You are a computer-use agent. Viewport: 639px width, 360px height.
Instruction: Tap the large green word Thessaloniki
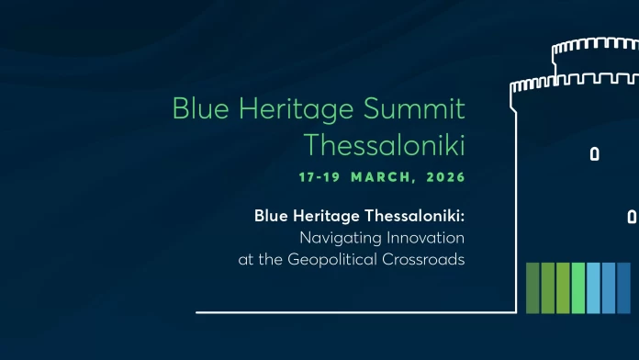(x=384, y=145)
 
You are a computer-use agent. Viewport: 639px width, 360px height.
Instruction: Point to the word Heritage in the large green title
(x=295, y=110)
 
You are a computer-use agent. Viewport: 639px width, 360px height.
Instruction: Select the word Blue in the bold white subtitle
(x=271, y=217)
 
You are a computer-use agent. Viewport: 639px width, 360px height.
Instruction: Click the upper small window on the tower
(x=594, y=153)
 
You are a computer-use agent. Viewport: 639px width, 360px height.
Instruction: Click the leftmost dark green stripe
(x=532, y=287)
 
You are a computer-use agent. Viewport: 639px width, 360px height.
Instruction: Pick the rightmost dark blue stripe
(x=623, y=287)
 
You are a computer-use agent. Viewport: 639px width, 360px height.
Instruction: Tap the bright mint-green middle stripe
(x=577, y=287)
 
